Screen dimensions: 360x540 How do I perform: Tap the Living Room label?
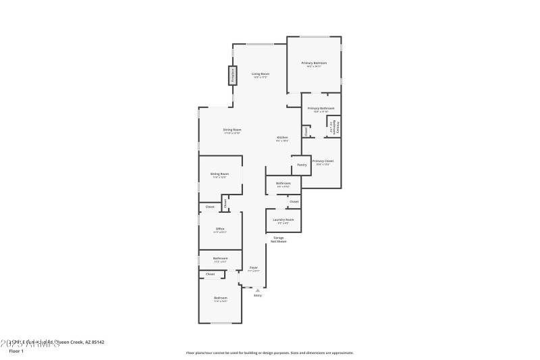[x=261, y=74]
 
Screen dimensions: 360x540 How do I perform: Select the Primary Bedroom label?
[x=314, y=63]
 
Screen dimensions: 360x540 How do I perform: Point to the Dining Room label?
[x=232, y=130]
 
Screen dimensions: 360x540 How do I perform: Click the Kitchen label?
[x=282, y=138]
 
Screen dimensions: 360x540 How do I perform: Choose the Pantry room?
[x=301, y=164]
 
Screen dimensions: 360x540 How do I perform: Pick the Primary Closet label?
[x=323, y=161]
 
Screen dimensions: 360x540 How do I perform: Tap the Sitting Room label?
[x=220, y=174]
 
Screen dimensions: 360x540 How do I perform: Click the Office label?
[x=220, y=229]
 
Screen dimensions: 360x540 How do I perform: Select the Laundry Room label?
[x=283, y=220]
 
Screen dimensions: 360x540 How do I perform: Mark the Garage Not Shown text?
[x=278, y=238]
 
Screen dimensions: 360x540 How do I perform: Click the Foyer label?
[x=254, y=268]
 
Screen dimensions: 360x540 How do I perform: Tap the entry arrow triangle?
[x=257, y=290]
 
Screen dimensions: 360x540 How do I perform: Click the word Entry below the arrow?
[x=257, y=296]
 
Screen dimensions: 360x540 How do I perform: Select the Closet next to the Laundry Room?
[x=294, y=202]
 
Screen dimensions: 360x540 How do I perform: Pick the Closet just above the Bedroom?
[x=210, y=274]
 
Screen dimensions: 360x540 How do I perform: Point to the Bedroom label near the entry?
[x=221, y=298]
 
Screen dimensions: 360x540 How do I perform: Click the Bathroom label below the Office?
[x=221, y=258]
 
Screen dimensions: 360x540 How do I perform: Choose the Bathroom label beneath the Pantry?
[x=283, y=184]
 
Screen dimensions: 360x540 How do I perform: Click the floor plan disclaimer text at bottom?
[x=269, y=353]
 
